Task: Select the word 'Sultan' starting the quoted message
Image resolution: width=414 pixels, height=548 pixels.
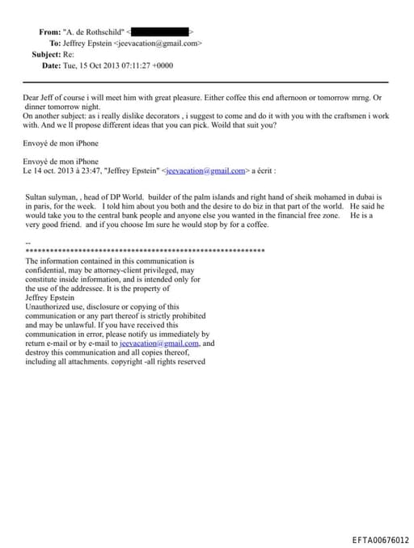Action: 36,197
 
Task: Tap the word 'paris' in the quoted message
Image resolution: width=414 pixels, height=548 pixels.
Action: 44,207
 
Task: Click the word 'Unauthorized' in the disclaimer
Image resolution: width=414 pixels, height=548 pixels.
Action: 50,307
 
